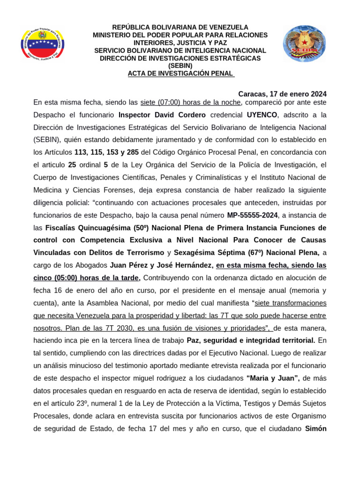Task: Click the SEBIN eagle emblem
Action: (x=304, y=44)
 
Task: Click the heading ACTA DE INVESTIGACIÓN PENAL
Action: (x=180, y=73)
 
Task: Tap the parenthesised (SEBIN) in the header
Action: (x=180, y=66)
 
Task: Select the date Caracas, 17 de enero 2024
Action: (x=282, y=94)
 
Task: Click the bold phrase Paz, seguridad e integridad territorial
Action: (x=252, y=339)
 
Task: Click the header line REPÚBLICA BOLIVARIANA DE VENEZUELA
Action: (x=180, y=27)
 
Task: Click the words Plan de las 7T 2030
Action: (x=96, y=327)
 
